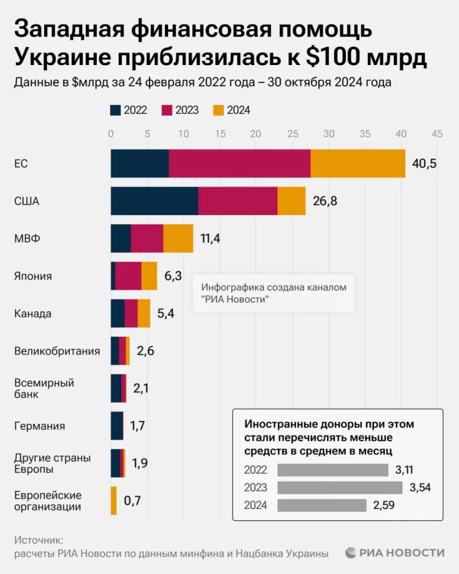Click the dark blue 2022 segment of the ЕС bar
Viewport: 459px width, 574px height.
point(140,164)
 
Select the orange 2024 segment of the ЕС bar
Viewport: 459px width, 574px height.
point(358,164)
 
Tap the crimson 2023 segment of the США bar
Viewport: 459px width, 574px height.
point(238,201)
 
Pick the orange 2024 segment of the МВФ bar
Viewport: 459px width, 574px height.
point(178,238)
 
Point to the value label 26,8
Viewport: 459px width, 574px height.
point(324,201)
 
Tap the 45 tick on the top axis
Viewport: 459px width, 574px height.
point(436,134)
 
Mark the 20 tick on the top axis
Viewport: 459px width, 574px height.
point(256,134)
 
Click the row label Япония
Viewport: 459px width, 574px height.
point(33,276)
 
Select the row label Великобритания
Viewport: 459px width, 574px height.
point(57,351)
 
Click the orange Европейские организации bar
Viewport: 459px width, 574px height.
point(114,501)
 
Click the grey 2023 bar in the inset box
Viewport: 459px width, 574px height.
point(340,487)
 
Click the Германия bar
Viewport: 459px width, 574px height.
point(117,425)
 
